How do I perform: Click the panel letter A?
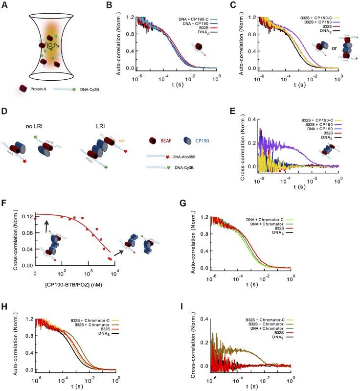[4, 4]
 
